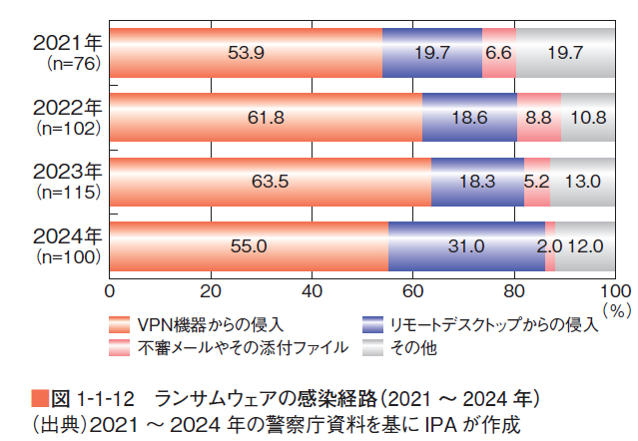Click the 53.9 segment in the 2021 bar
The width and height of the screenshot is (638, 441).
point(246,53)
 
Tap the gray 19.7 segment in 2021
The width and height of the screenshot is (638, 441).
point(565,53)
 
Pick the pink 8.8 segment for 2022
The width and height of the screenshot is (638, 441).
point(538,118)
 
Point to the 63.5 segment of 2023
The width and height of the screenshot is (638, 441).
point(270,182)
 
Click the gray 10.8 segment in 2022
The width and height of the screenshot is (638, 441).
point(587,118)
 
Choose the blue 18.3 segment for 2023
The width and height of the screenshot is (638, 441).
point(477,182)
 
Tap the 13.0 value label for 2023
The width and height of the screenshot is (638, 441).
point(582,182)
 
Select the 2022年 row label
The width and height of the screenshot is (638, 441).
point(67,107)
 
